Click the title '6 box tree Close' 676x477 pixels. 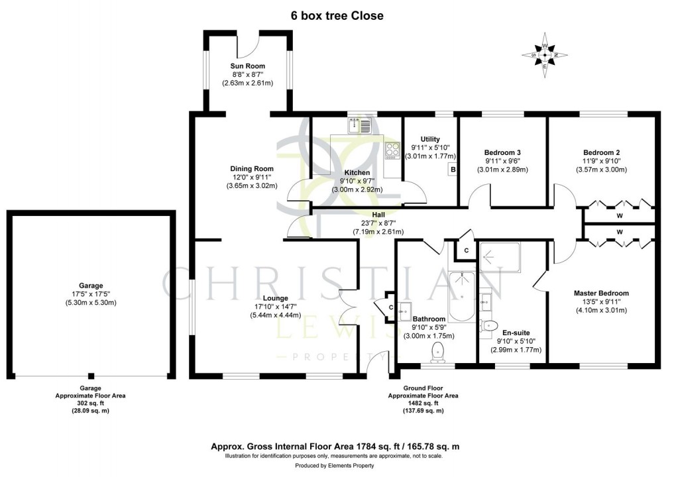click(337, 15)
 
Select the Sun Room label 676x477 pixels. click(247, 66)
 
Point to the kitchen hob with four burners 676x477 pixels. click(392, 150)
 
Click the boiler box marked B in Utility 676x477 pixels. click(453, 169)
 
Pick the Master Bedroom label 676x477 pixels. click(601, 293)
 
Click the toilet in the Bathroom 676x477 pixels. click(437, 352)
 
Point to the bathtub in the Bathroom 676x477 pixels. click(462, 297)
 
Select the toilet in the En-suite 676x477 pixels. click(490, 325)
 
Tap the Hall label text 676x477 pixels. click(378, 215)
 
